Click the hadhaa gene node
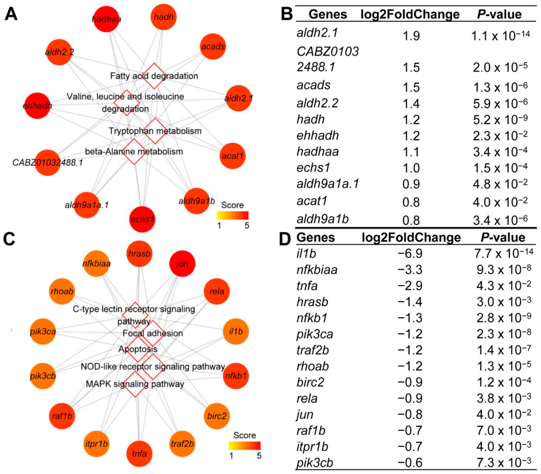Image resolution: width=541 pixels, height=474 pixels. coord(107,19)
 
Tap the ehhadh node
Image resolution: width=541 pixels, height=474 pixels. coord(37,106)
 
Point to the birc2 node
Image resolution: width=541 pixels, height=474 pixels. coord(220,415)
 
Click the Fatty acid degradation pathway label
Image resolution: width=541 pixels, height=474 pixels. coord(154,76)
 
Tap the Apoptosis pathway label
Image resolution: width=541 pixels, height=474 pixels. coord(138,349)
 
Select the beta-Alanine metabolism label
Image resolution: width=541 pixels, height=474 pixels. coord(134,151)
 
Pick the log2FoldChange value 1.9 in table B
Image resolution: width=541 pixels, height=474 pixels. coord(410,36)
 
